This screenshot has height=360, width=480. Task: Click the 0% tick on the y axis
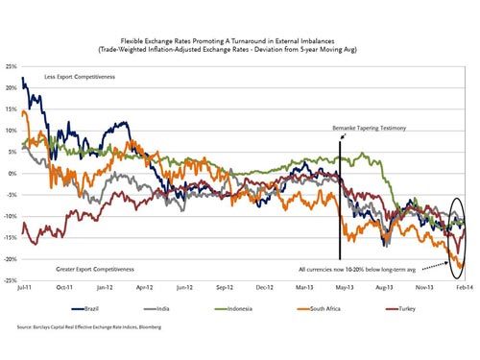(x=12, y=174)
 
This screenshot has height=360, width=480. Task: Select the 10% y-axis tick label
(x=11, y=131)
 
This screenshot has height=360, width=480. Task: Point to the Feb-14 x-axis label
(x=464, y=287)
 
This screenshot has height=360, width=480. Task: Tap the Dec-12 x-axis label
(x=260, y=287)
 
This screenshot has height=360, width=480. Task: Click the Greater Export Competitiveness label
(x=79, y=262)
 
